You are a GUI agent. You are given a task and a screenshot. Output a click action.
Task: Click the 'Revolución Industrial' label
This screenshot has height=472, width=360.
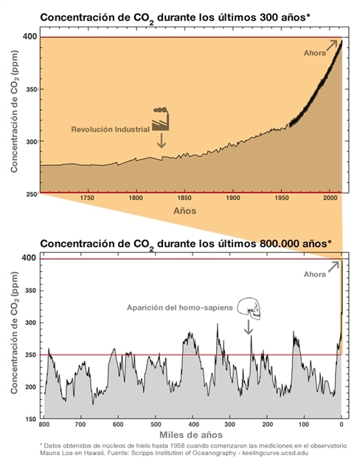pos(110,129)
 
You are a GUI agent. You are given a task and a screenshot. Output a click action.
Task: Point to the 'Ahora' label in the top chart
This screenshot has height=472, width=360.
pos(315,53)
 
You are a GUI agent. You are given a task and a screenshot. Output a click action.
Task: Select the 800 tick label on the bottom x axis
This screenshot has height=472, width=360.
pos(45,425)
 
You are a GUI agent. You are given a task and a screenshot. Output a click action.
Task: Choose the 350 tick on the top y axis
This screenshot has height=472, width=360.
pos(28,88)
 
